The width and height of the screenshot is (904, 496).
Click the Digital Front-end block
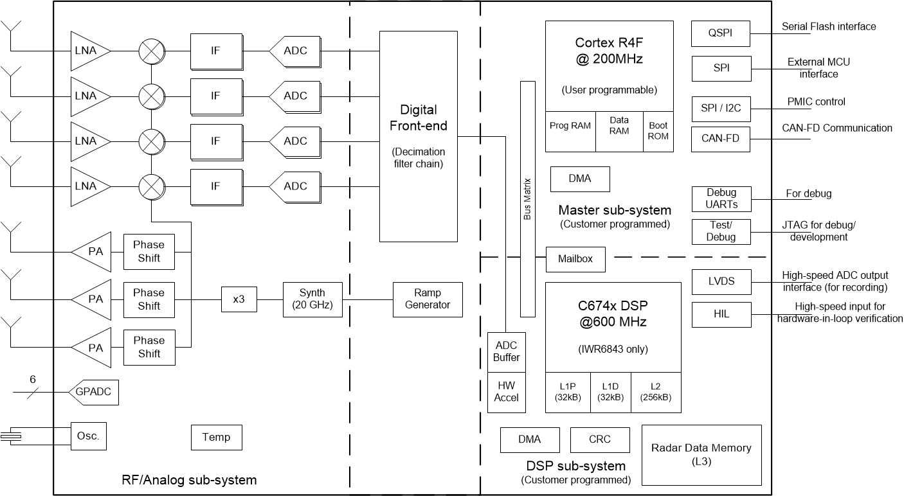click(418, 136)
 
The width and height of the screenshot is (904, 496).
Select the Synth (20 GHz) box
click(312, 299)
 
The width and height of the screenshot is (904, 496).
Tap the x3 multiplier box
click(239, 299)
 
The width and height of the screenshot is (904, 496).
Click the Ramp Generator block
click(428, 299)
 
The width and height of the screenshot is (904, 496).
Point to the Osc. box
click(88, 436)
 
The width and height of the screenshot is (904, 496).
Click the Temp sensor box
click(216, 438)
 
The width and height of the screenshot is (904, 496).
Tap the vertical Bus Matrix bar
click(527, 199)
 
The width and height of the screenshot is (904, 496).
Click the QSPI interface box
click(721, 33)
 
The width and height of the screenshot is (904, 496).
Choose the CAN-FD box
click(721, 139)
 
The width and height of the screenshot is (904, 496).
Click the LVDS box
click(721, 281)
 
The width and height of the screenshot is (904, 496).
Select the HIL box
click(721, 315)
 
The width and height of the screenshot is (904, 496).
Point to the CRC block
click(600, 439)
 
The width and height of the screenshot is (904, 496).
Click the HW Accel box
click(506, 391)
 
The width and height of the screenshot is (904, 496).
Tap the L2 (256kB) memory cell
click(655, 391)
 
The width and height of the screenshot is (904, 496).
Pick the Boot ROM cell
click(658, 131)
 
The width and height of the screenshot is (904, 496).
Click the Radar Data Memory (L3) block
click(701, 454)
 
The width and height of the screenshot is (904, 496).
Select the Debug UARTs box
click(721, 199)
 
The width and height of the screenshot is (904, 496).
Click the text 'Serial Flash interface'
click(828, 27)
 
